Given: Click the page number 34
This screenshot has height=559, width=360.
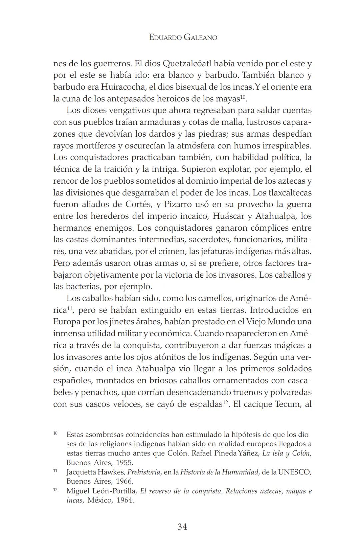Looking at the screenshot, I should click(x=182, y=527).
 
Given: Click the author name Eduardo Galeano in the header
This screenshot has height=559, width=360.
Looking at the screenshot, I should click(x=183, y=37).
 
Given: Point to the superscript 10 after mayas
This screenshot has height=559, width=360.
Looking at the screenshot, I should click(x=243, y=97).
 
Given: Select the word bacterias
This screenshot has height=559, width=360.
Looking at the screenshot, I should click(x=84, y=286).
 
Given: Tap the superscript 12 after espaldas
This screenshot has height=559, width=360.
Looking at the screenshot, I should click(x=226, y=403).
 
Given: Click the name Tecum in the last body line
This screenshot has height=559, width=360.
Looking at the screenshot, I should click(x=287, y=404).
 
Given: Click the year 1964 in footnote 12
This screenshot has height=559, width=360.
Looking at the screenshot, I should click(x=124, y=501).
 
